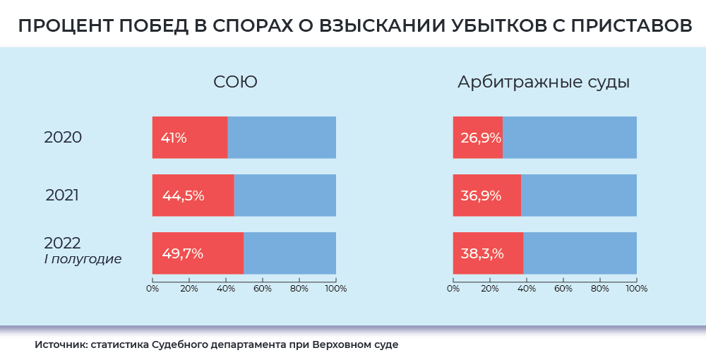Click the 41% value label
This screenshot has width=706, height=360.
pos(174,138)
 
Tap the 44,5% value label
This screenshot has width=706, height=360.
pos(183,196)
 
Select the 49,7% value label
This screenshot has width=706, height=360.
pos(182,253)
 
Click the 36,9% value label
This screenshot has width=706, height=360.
pos(481,196)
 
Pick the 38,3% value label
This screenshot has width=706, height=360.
pos(482,253)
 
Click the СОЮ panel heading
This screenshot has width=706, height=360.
pos(235,82)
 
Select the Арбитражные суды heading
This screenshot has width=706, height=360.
pos(543,83)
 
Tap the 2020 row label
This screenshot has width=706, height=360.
pos(63,138)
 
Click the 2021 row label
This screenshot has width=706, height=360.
pos(62,196)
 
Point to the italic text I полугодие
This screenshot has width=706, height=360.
pos(83,259)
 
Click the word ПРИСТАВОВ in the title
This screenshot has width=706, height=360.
pos(629,26)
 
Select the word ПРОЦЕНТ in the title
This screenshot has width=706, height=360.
pos(63,26)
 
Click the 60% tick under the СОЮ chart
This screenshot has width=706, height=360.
pos(262,288)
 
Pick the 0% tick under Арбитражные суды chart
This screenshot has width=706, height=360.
pos(453,288)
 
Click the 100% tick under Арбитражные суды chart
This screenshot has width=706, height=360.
pos(636,288)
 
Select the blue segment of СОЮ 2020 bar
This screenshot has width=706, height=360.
pos(282,138)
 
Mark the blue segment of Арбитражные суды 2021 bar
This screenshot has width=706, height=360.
pos(578,196)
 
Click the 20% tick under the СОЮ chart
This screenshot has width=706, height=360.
pos(189,288)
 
